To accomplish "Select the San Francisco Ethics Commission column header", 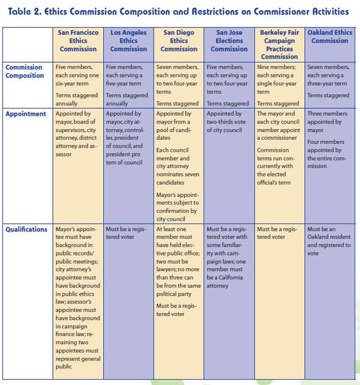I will (78, 41).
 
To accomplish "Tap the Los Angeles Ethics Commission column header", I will (128, 41).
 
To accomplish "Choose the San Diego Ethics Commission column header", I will (179, 41).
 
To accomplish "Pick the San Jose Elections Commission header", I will (229, 41).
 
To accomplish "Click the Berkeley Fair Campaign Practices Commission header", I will (280, 44).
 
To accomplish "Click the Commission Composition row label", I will (25, 72).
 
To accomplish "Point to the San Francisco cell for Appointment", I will (78, 133).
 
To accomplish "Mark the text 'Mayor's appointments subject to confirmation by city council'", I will (178, 206).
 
